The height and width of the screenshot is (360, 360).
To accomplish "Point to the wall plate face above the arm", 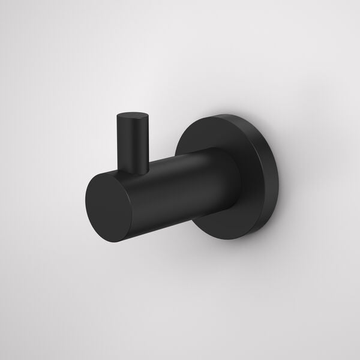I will pyautogui.click(x=222, y=132).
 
